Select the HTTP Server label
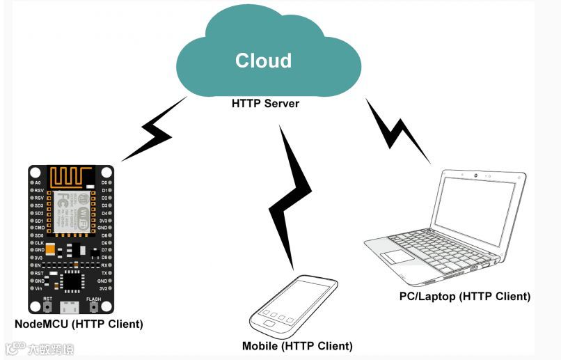pos(265,104)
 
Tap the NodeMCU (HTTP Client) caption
pos(79,324)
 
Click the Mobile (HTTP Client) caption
pos(297,346)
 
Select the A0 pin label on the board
pos(38,182)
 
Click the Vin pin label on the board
pos(38,288)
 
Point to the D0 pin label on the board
pos(104,182)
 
